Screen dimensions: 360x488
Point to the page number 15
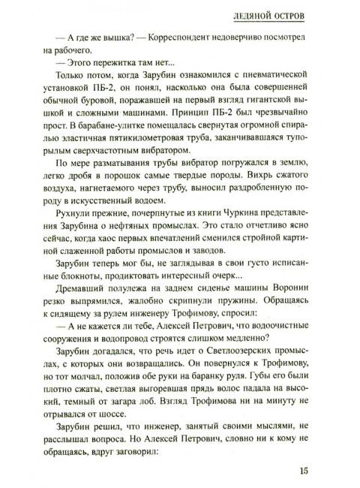[303, 471]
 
